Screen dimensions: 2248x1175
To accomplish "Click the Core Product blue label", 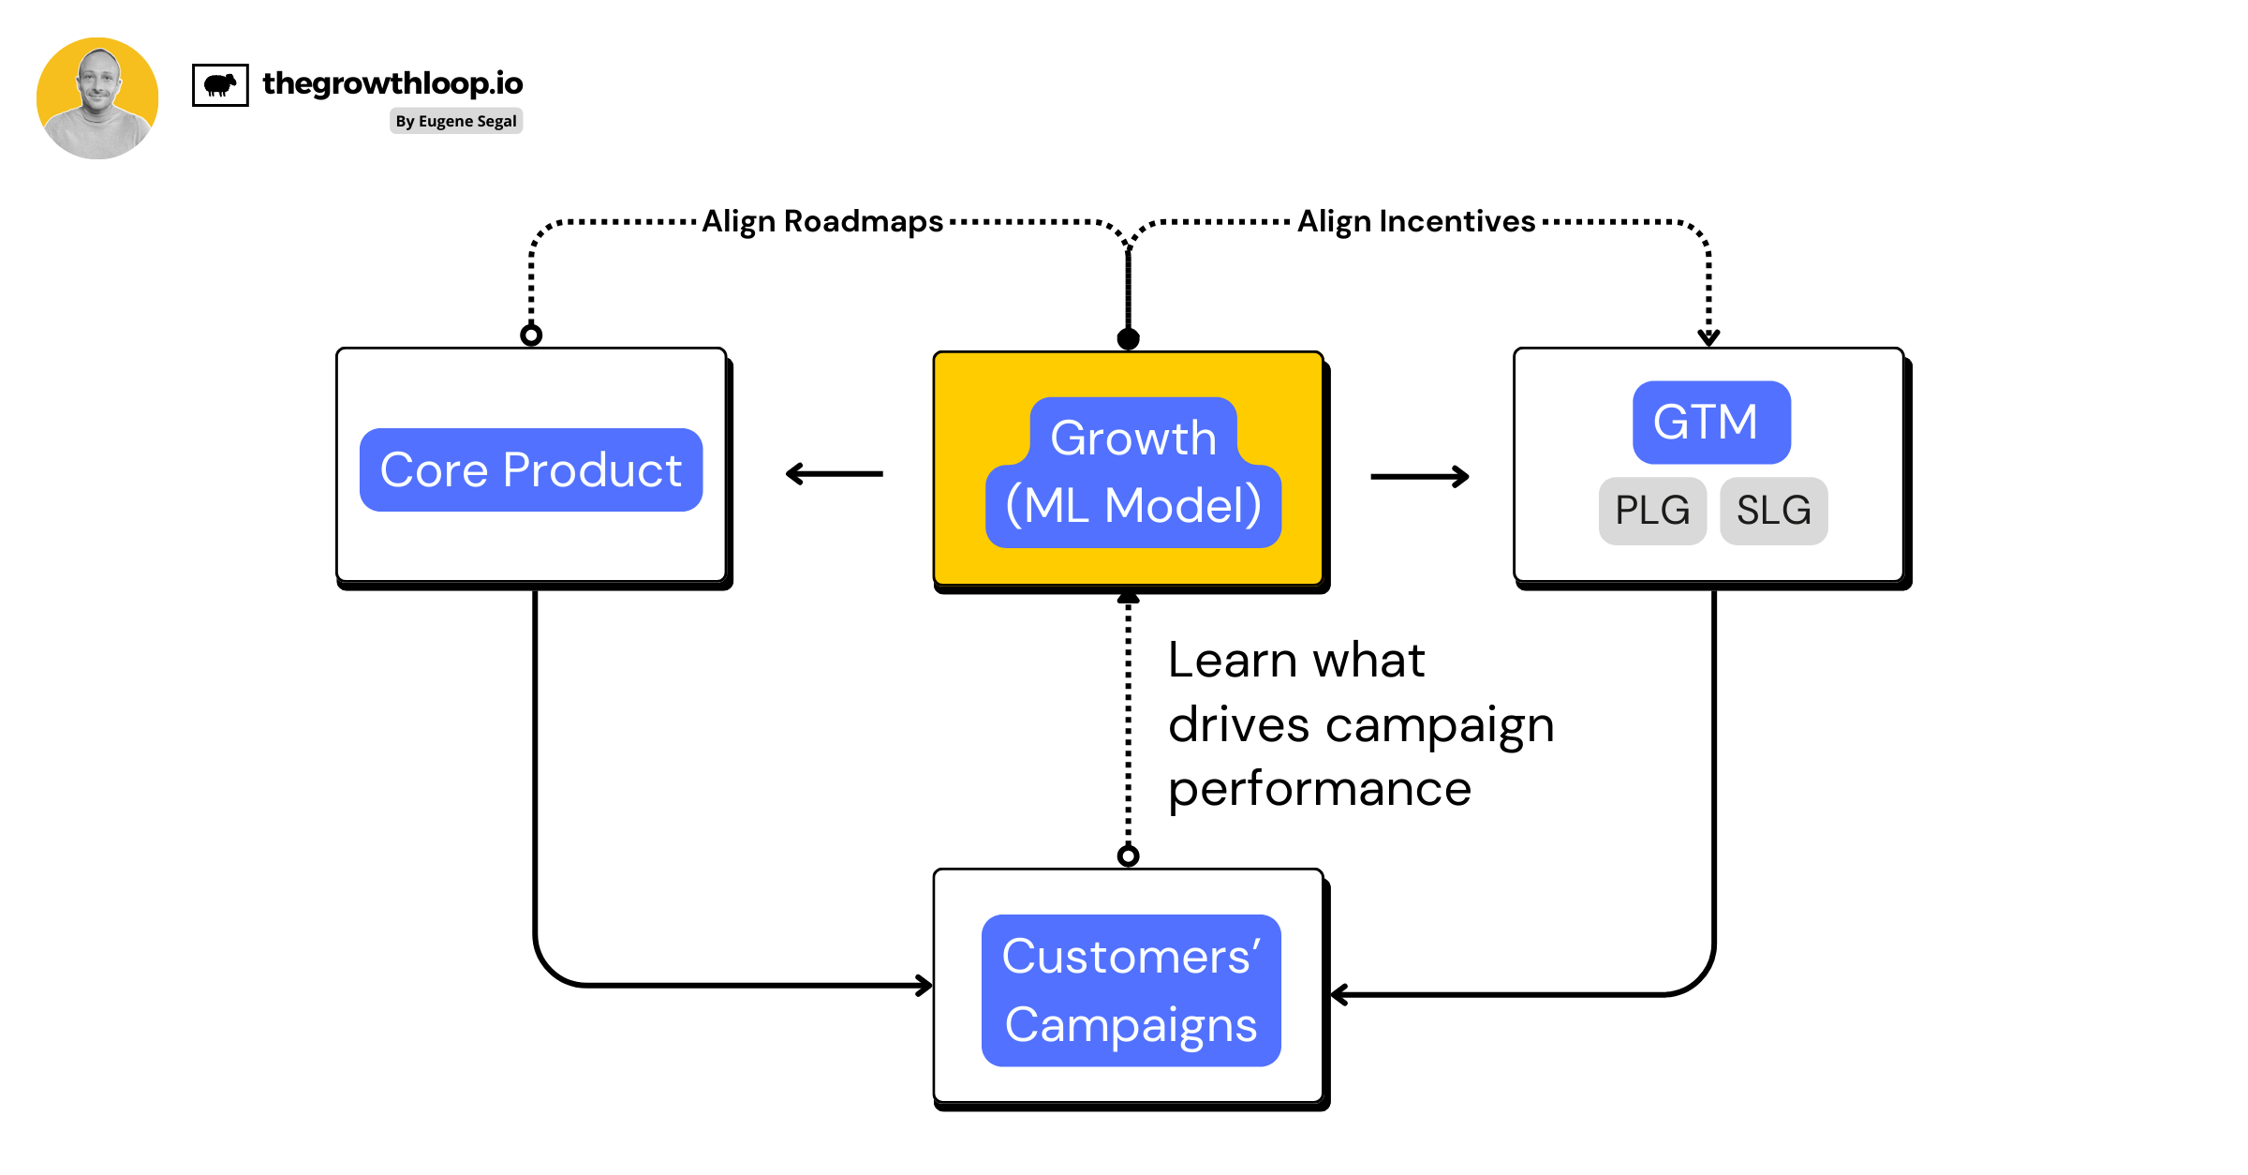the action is [531, 469].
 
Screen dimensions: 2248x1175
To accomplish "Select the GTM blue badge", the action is [1711, 422].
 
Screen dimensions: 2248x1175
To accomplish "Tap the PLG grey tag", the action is [1652, 511].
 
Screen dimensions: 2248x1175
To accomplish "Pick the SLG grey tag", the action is [1773, 511].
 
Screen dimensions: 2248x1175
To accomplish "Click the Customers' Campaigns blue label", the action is [1131, 990].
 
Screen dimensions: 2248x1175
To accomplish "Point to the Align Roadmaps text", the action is [822, 221].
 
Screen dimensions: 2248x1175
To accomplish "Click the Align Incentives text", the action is [1416, 221].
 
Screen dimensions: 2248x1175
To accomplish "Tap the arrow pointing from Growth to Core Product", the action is [834, 474].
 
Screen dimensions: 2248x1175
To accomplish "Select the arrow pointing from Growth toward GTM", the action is [1420, 477].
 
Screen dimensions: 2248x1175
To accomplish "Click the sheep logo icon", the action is [220, 85].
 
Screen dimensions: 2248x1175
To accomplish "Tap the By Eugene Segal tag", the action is [456, 121].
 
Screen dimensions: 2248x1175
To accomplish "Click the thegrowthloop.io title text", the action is [392, 83].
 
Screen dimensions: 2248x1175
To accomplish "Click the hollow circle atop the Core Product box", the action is [531, 335].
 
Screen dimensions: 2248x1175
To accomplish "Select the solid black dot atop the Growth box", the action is [1129, 338].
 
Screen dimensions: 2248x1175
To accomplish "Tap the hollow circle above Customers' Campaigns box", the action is [1129, 855].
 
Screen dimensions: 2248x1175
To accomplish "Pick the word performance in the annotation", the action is [1320, 789].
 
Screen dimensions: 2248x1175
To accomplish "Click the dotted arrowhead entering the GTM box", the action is [1708, 336].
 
